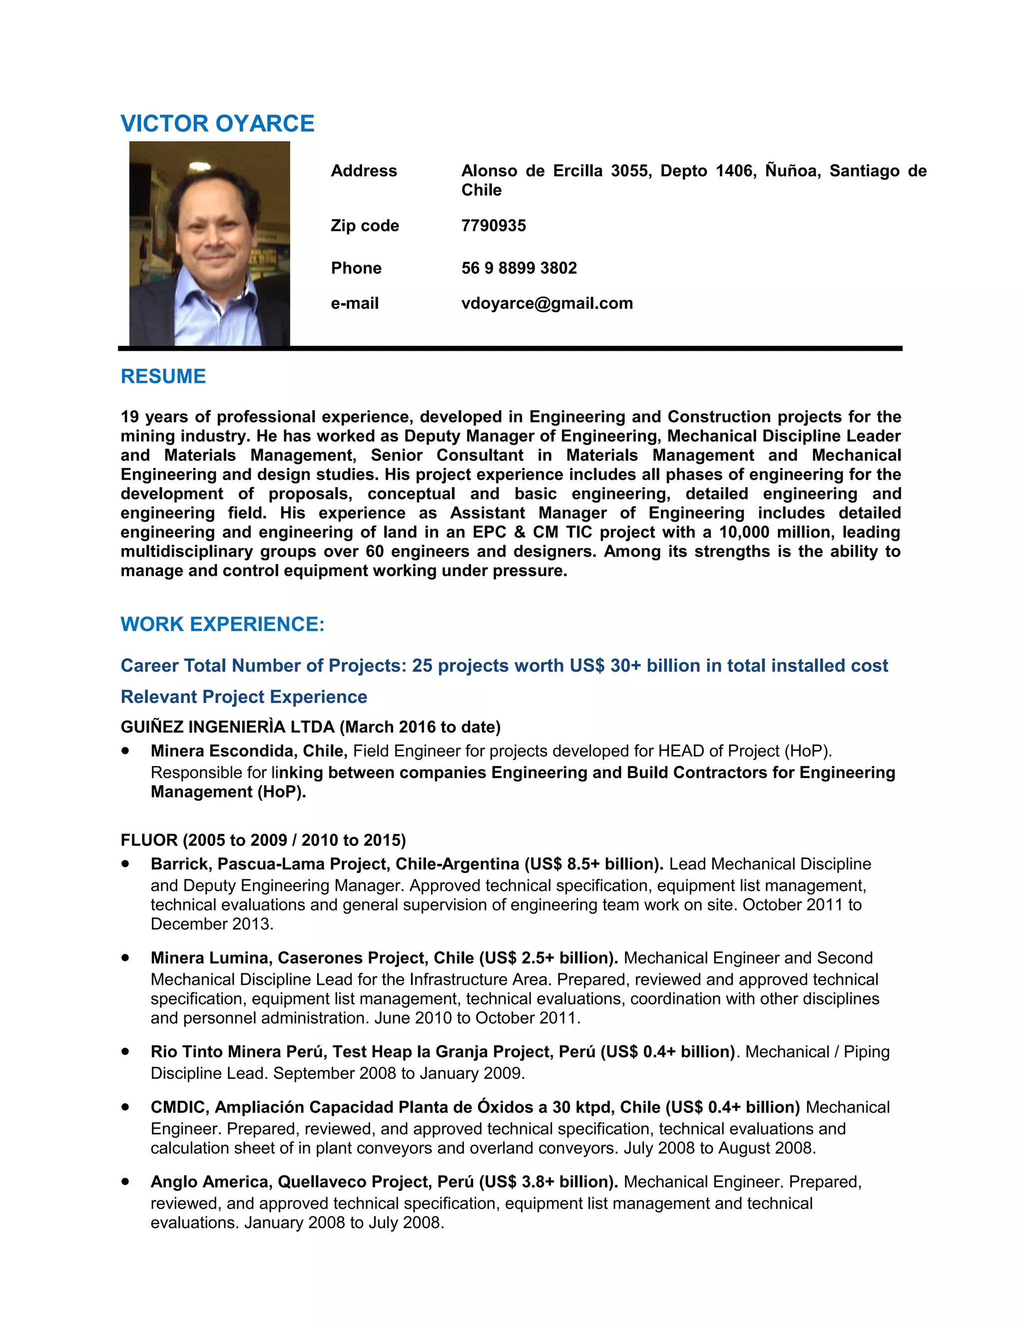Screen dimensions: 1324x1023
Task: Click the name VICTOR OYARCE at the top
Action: tap(217, 124)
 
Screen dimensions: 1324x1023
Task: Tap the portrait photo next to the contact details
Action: tap(209, 243)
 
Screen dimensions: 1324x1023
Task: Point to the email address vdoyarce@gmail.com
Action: tap(546, 303)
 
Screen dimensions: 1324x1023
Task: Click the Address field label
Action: tap(364, 171)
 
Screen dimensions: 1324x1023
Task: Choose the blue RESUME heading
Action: tap(163, 377)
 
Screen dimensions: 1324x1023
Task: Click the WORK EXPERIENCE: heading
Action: tap(222, 625)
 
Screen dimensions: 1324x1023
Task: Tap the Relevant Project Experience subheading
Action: tap(244, 697)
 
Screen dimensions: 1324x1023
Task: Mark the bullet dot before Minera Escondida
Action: tap(125, 750)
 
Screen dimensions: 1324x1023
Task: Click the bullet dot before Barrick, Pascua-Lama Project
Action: tap(125, 863)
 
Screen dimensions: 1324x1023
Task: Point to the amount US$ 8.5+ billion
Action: tap(593, 864)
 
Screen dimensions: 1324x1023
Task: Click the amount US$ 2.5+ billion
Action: tap(548, 958)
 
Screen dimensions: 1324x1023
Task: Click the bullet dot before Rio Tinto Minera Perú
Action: tap(125, 1051)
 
